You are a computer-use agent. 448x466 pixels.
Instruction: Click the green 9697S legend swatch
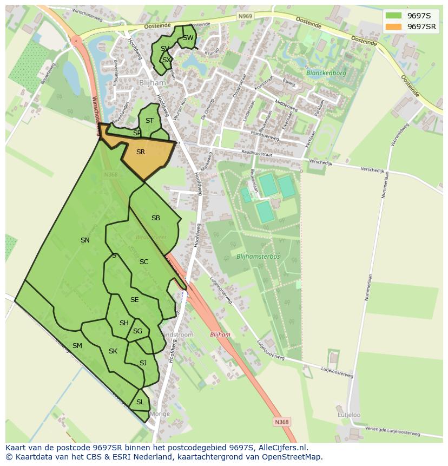[394, 16]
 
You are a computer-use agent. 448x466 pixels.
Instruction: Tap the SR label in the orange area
[141, 152]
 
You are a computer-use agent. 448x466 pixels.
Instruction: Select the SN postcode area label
[85, 240]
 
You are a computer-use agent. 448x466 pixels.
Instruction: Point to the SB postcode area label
[156, 218]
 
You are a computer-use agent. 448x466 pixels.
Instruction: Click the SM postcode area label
[77, 346]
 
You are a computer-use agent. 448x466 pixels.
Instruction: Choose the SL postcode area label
[140, 402]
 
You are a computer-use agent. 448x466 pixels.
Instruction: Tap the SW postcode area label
[188, 38]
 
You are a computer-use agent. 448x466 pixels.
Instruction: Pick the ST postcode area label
[150, 121]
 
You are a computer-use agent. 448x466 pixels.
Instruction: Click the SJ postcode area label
[143, 363]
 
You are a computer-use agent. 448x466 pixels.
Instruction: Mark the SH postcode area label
[124, 323]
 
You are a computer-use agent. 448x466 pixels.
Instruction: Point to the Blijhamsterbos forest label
[258, 256]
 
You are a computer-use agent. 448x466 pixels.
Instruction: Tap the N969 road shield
[245, 17]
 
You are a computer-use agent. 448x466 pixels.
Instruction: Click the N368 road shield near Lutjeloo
[281, 422]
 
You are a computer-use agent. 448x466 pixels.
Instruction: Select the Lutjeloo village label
[349, 415]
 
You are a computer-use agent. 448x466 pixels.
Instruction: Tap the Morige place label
[160, 414]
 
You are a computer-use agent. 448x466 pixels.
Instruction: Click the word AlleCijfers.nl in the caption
[281, 448]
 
